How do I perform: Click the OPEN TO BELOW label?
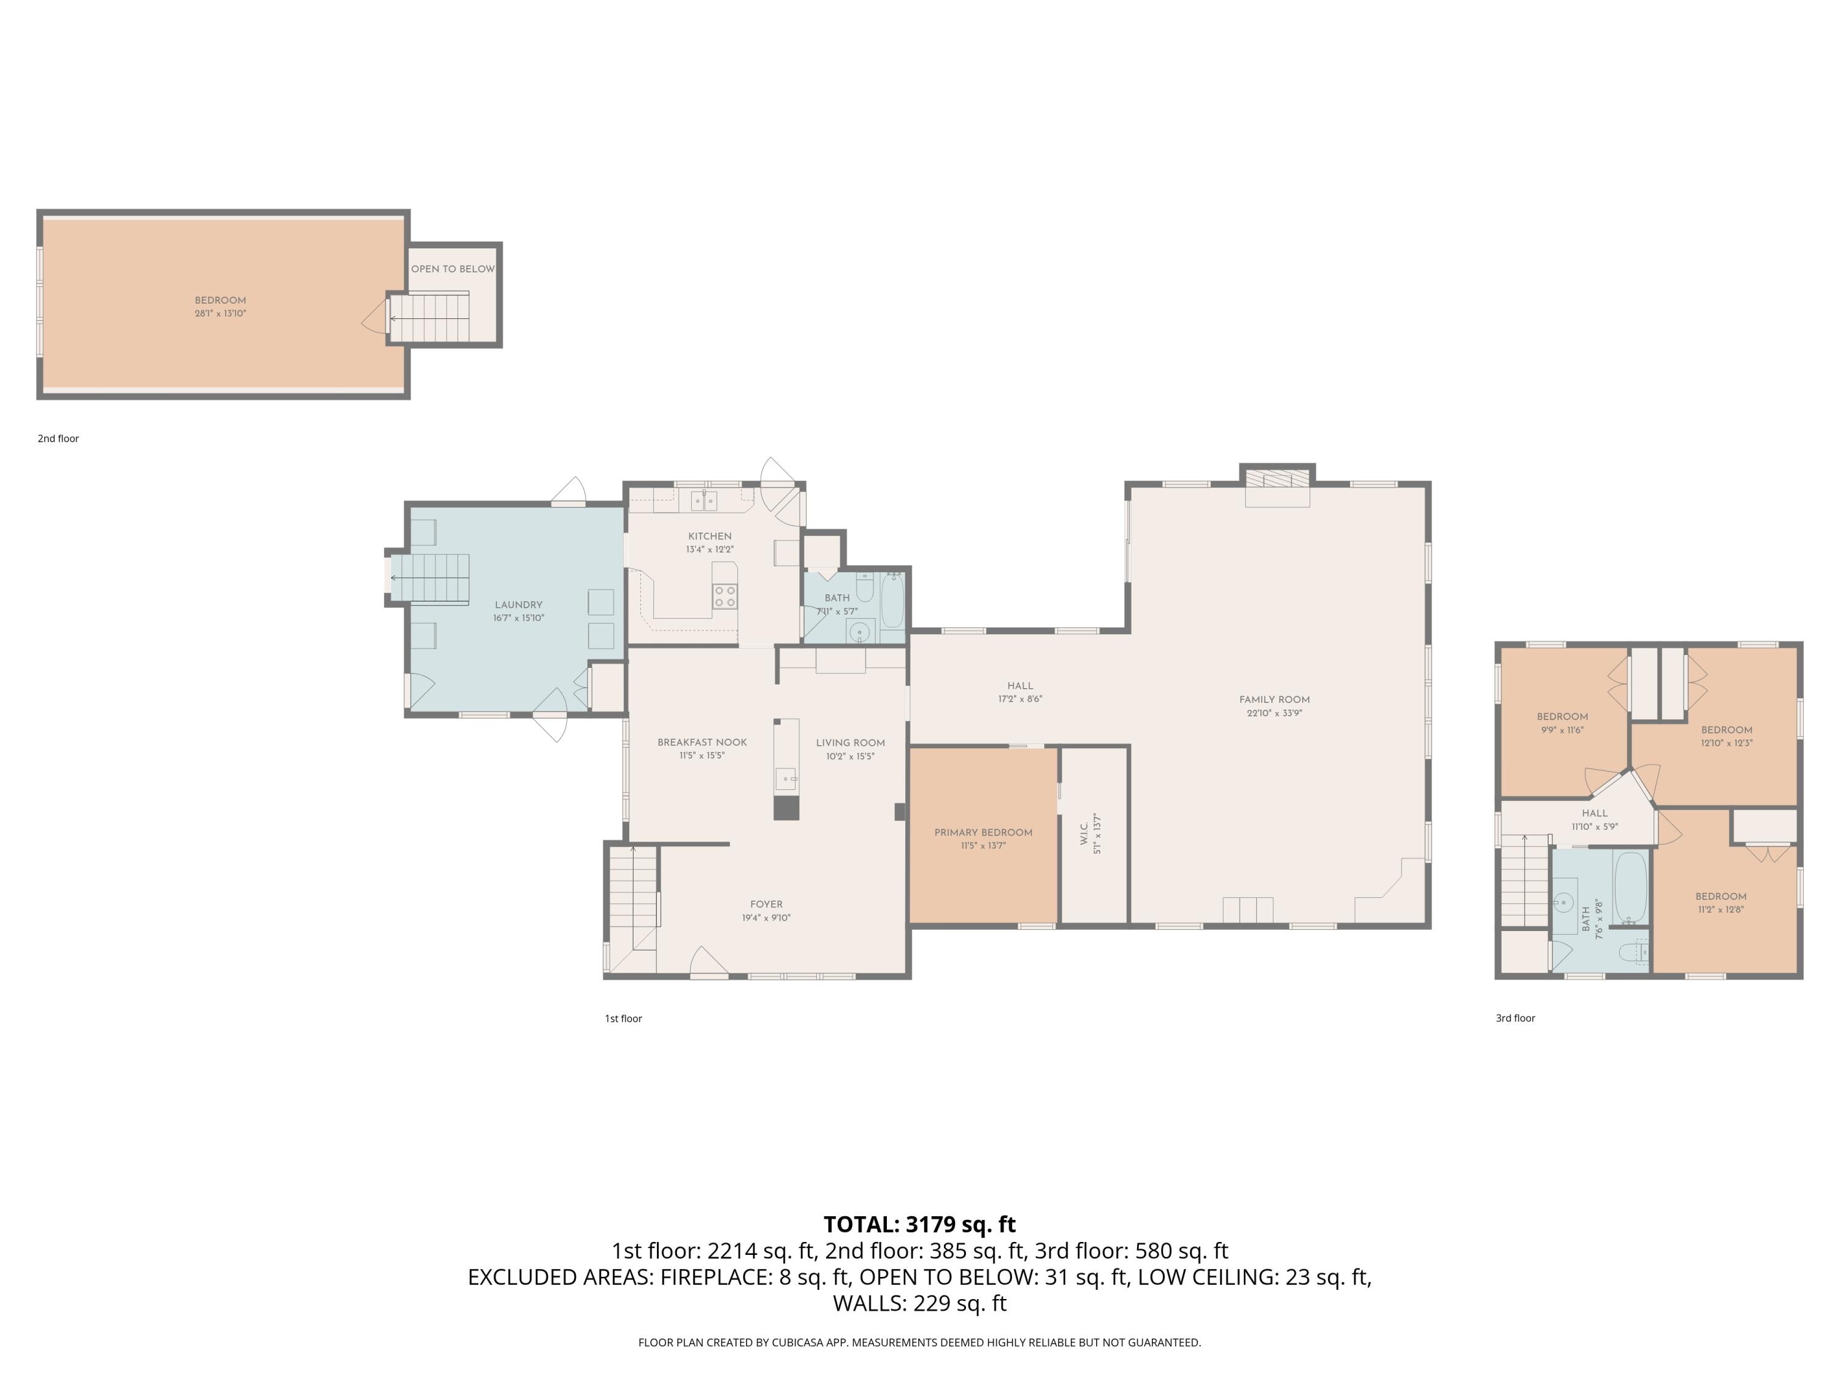pos(453,269)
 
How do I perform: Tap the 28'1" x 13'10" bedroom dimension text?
pos(220,313)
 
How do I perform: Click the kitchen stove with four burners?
pos(724,596)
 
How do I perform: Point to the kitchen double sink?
pos(703,500)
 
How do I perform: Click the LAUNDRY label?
pos(518,605)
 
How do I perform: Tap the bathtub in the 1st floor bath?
pos(892,600)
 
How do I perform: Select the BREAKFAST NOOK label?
pos(702,742)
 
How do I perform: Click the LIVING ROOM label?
pos(850,743)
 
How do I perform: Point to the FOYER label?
pos(766,904)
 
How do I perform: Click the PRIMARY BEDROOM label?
pos(983,833)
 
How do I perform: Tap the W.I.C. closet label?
pos(1084,834)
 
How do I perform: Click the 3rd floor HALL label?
pos(1595,813)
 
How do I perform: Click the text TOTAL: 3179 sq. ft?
pos(919,1224)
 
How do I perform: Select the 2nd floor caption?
pos(58,439)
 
